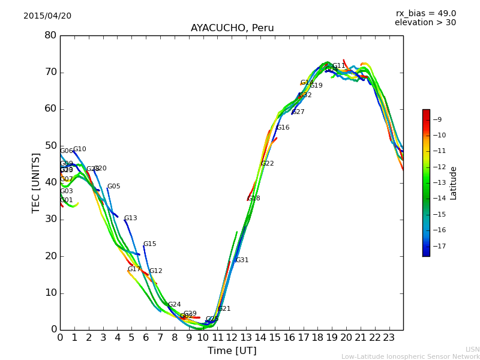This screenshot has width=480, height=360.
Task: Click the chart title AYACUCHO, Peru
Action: pos(232,28)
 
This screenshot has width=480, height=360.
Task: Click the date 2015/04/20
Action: pos(47,16)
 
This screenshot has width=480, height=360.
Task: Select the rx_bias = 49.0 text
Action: pos(426,14)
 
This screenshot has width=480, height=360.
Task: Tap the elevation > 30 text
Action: pos(425,23)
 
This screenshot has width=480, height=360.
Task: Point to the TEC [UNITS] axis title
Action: pos(36,182)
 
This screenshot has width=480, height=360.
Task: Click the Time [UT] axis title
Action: pos(232,351)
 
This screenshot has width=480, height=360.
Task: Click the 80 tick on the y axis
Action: pos(50,35)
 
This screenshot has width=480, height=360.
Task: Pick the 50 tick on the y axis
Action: pos(50,146)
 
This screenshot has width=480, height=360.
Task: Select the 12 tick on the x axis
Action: pos(232,338)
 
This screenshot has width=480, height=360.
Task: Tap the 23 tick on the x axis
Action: pos(389,338)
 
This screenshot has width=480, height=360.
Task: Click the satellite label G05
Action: pos(114,187)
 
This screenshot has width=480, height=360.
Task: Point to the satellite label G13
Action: pos(131,218)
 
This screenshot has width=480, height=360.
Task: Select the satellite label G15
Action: pos(149,244)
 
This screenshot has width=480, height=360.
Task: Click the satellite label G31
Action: pos(242,260)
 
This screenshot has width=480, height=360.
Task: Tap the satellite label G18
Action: pos(254,199)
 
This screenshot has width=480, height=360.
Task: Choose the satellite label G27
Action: pos(298,112)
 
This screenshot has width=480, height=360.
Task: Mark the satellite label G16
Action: pos(283,128)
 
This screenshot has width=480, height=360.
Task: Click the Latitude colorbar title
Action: pos(454,183)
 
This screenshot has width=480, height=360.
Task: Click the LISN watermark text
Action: pos(473,349)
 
